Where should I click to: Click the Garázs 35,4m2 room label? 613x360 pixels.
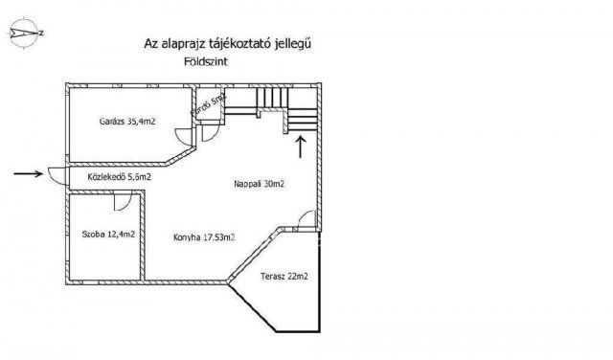pos(127,122)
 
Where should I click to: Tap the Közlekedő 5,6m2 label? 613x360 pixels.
pos(119,177)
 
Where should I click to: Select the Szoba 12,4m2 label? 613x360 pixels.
pos(108,235)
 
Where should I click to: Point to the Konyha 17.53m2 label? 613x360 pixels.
pos(204,237)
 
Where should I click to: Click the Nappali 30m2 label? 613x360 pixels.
pos(259,184)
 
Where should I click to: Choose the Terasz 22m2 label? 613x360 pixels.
pos(284,277)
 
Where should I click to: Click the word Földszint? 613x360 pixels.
pos(206,62)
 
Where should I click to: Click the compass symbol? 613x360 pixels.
pos(24,33)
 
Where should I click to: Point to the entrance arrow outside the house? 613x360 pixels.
pos(28,173)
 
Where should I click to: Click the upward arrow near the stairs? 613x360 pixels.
pos(301,146)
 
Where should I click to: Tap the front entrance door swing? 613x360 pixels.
pos(56,175)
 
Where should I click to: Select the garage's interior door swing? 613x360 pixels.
pos(183,136)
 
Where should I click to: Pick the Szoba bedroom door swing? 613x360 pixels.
pos(122,202)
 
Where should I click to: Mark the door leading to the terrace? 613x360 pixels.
pos(306,221)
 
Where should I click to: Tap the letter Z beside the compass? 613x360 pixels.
pos(41,34)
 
